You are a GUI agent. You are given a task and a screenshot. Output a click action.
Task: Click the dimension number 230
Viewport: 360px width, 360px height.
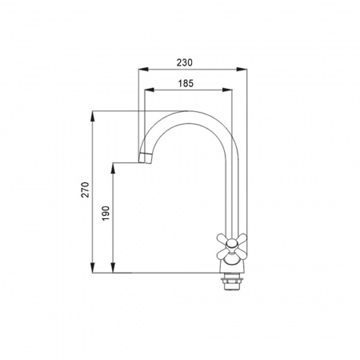click(x=184, y=62)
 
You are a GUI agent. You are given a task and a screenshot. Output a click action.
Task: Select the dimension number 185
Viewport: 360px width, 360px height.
click(x=186, y=83)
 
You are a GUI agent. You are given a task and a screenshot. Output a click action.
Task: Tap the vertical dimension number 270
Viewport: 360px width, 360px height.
click(x=86, y=190)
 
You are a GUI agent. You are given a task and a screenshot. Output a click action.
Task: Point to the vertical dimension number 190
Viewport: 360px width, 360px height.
click(x=106, y=213)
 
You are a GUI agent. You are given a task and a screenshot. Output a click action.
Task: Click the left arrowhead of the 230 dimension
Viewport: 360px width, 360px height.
click(x=143, y=70)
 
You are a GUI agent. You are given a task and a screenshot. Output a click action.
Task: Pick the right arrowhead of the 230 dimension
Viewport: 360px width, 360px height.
click(x=242, y=70)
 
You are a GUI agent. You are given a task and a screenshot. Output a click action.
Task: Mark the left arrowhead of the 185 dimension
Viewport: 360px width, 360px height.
click(x=150, y=90)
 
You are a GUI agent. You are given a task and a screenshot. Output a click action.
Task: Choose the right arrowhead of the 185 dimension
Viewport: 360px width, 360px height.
click(x=227, y=90)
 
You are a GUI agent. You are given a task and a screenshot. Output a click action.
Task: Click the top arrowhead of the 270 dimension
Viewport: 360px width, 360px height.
click(x=93, y=116)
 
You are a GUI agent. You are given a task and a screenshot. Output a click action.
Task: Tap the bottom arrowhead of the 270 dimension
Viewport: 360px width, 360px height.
click(x=93, y=268)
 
